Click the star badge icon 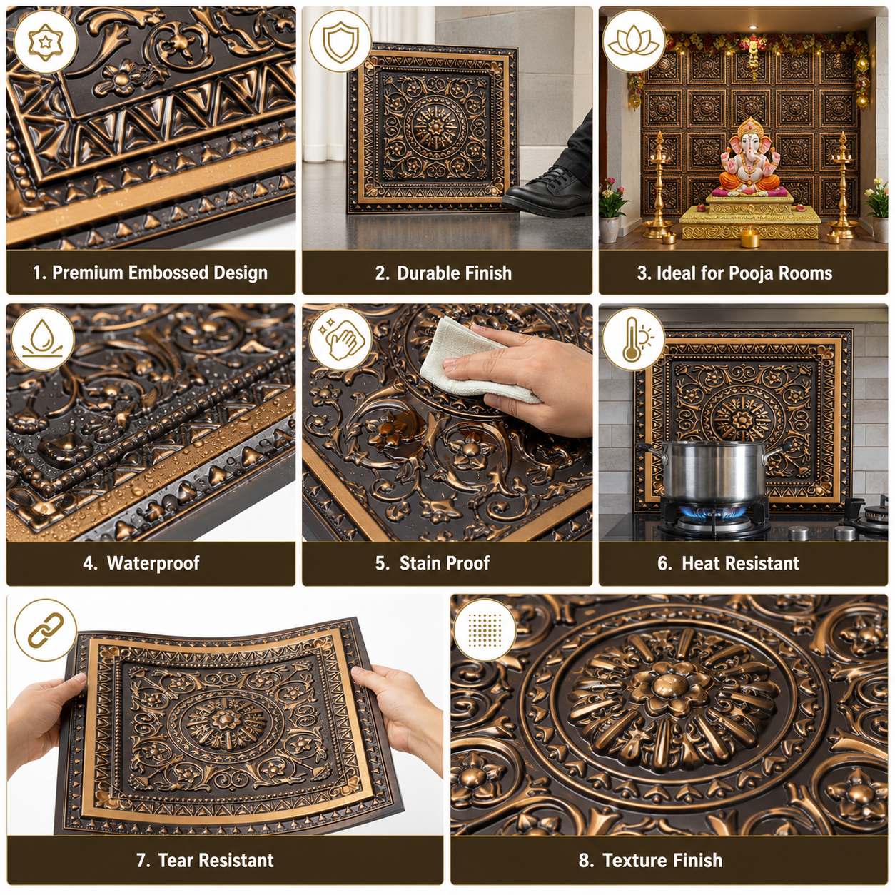45,42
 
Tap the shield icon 340,41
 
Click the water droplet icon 42,338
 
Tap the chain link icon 46,629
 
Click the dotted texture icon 485,629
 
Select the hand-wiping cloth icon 341,338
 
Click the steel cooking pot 712,471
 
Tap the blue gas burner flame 713,512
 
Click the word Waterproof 153,563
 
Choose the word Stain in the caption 418,563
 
